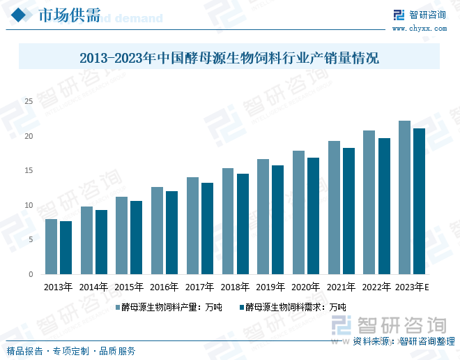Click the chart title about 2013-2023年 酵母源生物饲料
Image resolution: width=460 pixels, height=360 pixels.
(229, 58)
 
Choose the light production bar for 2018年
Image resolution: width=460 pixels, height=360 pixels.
(228, 221)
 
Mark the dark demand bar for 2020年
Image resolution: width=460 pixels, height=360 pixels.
(313, 216)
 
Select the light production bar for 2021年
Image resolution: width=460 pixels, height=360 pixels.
(334, 207)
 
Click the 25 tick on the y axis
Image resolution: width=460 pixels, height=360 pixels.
(29, 102)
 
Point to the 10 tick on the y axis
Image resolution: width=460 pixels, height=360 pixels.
(29, 205)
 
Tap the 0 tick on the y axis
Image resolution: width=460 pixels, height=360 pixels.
(31, 274)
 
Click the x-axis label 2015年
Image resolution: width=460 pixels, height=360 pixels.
(129, 287)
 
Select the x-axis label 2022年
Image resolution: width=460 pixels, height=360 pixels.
(376, 287)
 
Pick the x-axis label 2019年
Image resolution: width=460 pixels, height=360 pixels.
(270, 287)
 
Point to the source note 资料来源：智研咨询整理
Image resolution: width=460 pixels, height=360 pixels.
(404, 341)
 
